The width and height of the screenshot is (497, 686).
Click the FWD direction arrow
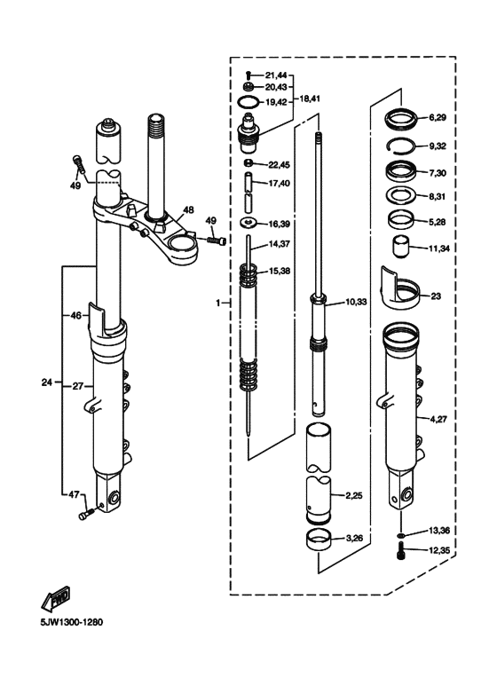[x=56, y=597]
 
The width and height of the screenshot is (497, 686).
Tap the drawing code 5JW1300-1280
[x=72, y=622]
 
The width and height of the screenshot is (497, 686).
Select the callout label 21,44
[x=276, y=75]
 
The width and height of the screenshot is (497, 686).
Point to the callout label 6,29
[x=438, y=118]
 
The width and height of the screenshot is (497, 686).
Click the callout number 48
[x=188, y=210]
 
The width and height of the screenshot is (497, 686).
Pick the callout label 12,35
[x=439, y=550]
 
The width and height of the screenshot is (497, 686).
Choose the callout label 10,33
[x=356, y=302]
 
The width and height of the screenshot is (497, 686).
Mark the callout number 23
[x=436, y=296]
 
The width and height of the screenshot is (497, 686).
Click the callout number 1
[x=218, y=303]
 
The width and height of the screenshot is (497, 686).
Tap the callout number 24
[x=47, y=382]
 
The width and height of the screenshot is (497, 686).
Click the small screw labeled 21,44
[x=248, y=75]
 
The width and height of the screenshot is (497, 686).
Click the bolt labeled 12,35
[x=402, y=550]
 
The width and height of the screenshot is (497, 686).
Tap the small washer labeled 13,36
[x=401, y=534]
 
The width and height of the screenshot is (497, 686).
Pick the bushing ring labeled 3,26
[x=319, y=539]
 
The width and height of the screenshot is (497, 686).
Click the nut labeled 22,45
[x=248, y=164]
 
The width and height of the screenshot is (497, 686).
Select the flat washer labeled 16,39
[x=248, y=223]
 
